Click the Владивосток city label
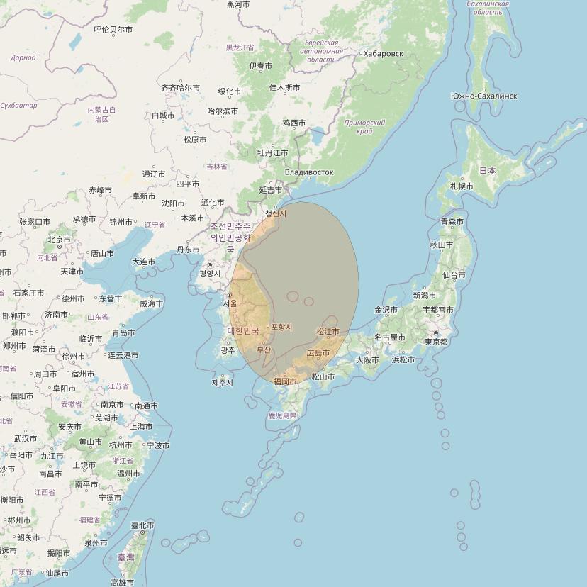tap(308, 172)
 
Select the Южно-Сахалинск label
tap(483, 96)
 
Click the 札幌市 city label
tap(462, 186)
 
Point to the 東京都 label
tap(435, 342)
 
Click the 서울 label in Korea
tap(230, 303)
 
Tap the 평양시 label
tap(209, 273)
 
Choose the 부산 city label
tap(264, 349)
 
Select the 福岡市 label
tap(285, 381)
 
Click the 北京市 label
tap(60, 240)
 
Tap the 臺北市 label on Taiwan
tap(142, 526)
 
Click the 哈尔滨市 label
tap(222, 111)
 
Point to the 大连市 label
tap(143, 262)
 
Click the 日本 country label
tap(488, 171)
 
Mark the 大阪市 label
tap(367, 359)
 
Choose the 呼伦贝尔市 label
tap(113, 30)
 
